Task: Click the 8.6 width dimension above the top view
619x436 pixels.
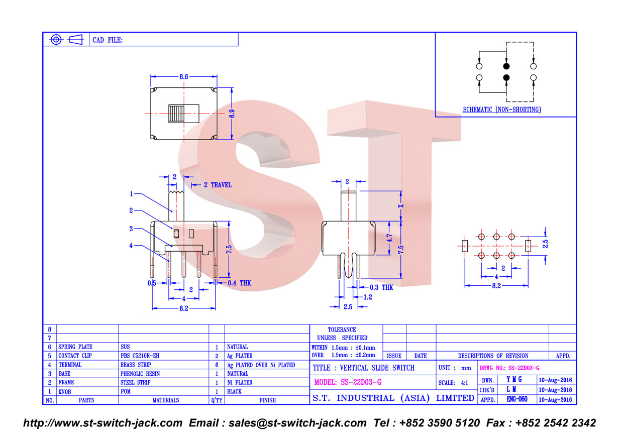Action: pyautogui.click(x=183, y=76)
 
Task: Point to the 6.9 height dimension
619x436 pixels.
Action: pyautogui.click(x=232, y=114)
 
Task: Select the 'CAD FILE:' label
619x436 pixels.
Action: pyautogui.click(x=107, y=40)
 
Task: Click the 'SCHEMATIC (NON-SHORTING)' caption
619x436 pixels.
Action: pyautogui.click(x=501, y=110)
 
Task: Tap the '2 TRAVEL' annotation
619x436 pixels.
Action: pyautogui.click(x=218, y=185)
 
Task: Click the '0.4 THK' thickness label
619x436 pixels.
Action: pyautogui.click(x=239, y=283)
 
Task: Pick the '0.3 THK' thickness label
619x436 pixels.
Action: pyautogui.click(x=381, y=287)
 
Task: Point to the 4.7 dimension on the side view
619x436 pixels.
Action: pyautogui.click(x=389, y=238)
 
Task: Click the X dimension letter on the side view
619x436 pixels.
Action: pyautogui.click(x=401, y=206)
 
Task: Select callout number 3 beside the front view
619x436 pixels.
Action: pyautogui.click(x=131, y=229)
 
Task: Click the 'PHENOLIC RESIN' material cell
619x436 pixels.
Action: pyautogui.click(x=140, y=374)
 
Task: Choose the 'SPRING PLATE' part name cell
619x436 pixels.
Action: pyautogui.click(x=75, y=347)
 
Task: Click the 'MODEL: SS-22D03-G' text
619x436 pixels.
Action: pyautogui.click(x=348, y=382)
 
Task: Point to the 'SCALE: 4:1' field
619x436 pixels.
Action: pyautogui.click(x=453, y=383)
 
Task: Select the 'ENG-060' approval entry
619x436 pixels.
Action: pyautogui.click(x=517, y=399)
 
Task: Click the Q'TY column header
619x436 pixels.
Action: pyautogui.click(x=217, y=400)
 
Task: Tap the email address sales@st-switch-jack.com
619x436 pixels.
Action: pyautogui.click(x=297, y=423)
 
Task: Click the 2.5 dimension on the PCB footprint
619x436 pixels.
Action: pyautogui.click(x=545, y=244)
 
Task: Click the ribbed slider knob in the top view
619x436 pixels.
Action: pyautogui.click(x=176, y=114)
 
